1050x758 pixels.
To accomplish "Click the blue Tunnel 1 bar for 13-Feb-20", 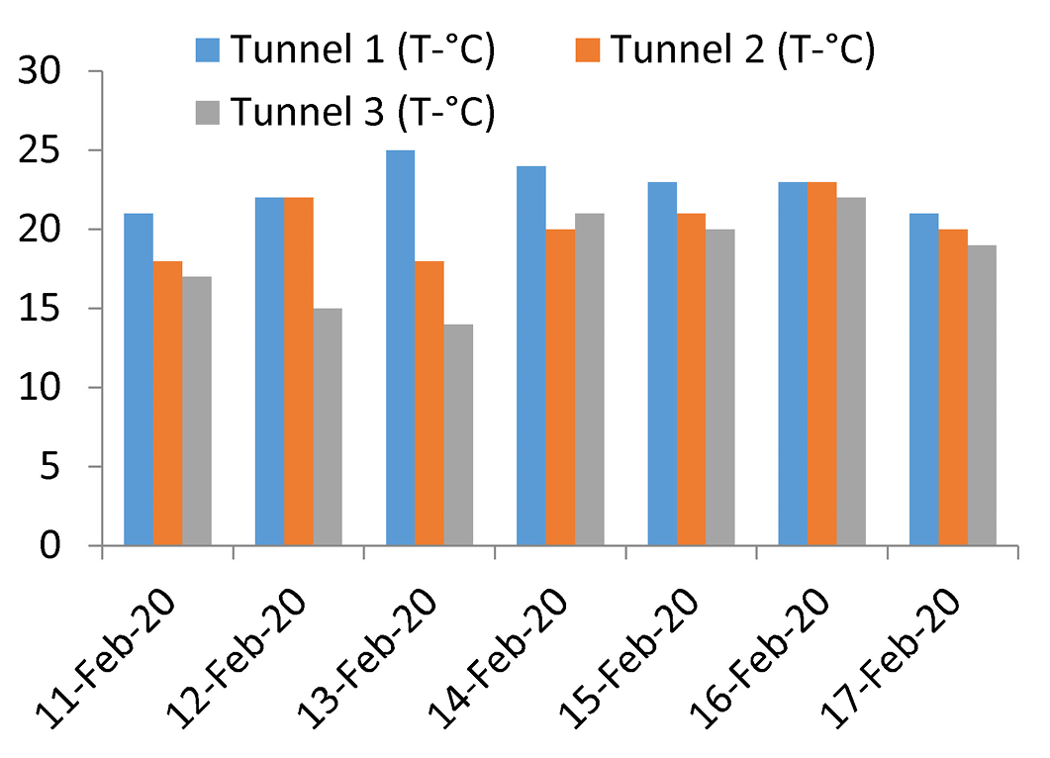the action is click(x=401, y=347).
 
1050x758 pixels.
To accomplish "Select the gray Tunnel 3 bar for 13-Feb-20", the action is click(x=458, y=434).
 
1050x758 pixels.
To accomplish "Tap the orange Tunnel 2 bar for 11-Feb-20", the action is click(x=167, y=403).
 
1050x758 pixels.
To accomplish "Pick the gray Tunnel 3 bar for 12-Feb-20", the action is click(x=328, y=426).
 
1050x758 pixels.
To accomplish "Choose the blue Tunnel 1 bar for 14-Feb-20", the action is click(x=531, y=355).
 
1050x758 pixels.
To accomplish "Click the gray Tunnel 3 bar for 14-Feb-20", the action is click(x=589, y=379).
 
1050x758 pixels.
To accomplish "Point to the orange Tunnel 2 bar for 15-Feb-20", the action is click(x=691, y=379).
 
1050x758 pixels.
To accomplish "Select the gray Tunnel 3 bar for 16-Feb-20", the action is click(x=851, y=372).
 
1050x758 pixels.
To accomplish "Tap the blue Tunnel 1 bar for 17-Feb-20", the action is click(x=924, y=379).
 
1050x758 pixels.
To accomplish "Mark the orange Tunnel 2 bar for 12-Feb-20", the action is click(x=299, y=372).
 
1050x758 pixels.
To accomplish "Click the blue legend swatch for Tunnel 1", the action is click(x=208, y=50).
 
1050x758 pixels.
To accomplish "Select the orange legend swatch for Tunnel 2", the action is click(x=587, y=50).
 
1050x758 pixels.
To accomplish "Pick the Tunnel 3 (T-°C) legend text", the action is click(x=362, y=112).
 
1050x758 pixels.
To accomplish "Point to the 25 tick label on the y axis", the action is click(x=39, y=150).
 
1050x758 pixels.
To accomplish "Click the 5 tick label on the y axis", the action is click(x=50, y=467).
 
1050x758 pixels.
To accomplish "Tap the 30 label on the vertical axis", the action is click(x=39, y=71).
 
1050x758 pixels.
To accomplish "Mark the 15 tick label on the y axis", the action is click(x=39, y=309).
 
